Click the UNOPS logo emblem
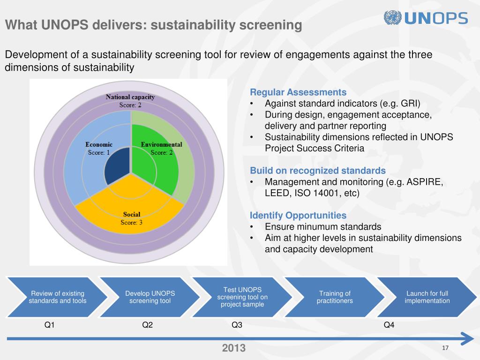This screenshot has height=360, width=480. tap(393, 18)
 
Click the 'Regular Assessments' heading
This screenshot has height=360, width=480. tap(298, 92)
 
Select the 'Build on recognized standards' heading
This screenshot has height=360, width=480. tap(318, 170)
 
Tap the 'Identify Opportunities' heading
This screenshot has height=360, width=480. tap(298, 216)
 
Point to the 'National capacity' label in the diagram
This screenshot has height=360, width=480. tap(130, 97)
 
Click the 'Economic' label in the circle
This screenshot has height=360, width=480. tap(99, 144)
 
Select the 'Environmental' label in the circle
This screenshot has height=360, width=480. tap(161, 144)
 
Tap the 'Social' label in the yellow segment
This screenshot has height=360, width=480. tap(131, 215)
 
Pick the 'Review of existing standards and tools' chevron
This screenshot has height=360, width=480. tap(57, 297)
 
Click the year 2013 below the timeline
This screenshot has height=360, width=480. tap(233, 348)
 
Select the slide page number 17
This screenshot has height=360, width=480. tap(445, 347)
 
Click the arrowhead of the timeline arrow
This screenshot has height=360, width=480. tap(468, 338)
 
